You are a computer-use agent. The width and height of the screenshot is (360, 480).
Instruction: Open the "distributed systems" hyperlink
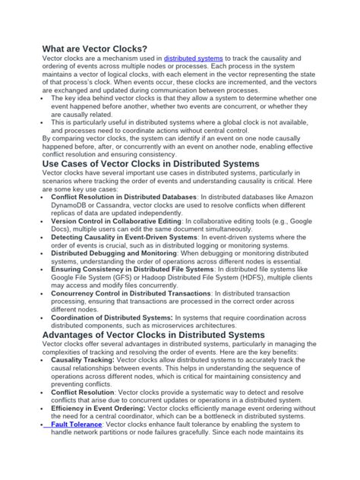point(194,58)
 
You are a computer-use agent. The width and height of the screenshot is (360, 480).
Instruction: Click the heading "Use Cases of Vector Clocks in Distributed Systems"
point(150,163)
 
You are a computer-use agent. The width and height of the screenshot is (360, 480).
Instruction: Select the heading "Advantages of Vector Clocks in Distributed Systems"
point(153,334)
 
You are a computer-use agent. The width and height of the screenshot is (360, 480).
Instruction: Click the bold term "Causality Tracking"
point(84,361)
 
